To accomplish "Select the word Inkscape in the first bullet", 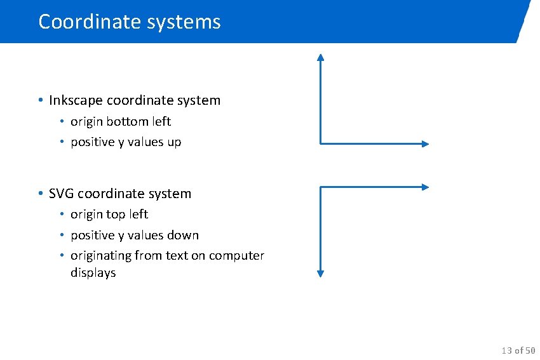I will [x=76, y=100].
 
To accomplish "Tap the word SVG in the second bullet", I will [x=61, y=194].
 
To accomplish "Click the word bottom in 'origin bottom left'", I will [x=131, y=121].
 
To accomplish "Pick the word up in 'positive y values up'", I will [x=174, y=142].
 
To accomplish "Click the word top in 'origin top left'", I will [x=116, y=215].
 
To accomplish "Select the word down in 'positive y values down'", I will [x=182, y=236].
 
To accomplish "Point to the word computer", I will [x=236, y=256].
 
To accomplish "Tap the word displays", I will [x=93, y=273].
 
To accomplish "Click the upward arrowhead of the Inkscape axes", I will [x=321, y=57].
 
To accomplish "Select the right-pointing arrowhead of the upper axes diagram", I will [x=426, y=143].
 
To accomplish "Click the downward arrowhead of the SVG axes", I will [x=321, y=274].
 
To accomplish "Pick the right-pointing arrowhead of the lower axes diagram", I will [x=426, y=187].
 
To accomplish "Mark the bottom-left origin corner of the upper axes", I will [x=321, y=143].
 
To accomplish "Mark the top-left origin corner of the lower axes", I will [x=321, y=187].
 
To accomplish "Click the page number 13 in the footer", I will [x=506, y=350].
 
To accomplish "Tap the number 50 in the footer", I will [x=530, y=350].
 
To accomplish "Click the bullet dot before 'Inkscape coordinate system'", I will [x=40, y=100].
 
